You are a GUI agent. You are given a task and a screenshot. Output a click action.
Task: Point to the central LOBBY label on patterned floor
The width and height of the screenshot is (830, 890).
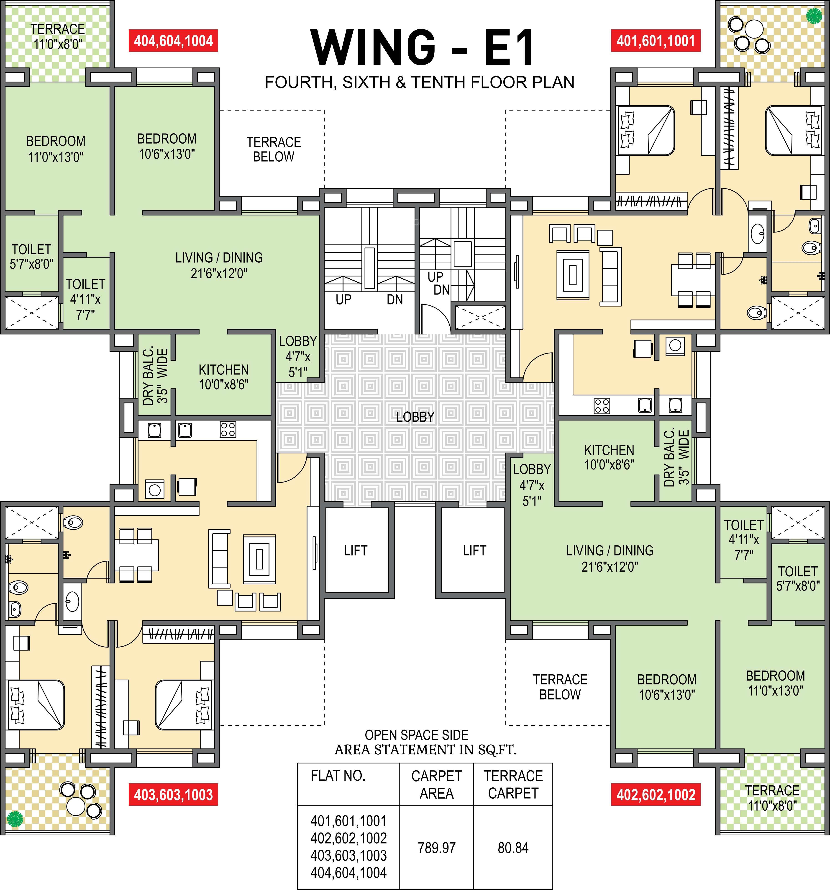point(415,417)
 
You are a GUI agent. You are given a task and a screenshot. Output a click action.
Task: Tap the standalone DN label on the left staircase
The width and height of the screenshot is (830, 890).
point(395,299)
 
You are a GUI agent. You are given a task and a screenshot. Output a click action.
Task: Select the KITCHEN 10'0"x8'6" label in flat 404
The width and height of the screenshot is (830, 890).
point(224,377)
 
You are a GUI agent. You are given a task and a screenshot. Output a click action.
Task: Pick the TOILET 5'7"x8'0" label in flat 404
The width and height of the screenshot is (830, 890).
point(31,257)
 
